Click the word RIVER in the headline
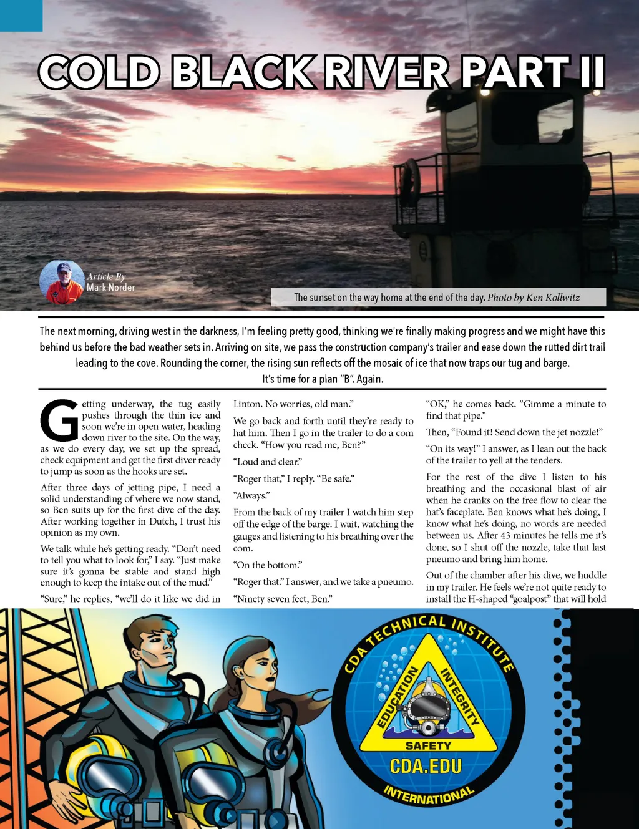tap(386, 72)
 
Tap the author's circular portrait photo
tap(62, 283)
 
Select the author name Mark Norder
tap(110, 288)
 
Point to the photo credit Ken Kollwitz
tap(553, 298)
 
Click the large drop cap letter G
tap(59, 420)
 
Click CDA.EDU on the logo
tap(426, 765)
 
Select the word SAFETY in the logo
tap(428, 745)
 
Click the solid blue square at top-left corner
tap(21, 16)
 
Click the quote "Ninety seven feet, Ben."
tap(283, 599)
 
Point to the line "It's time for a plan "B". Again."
tap(323, 379)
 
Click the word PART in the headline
tap(515, 72)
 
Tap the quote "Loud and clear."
tap(268, 462)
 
